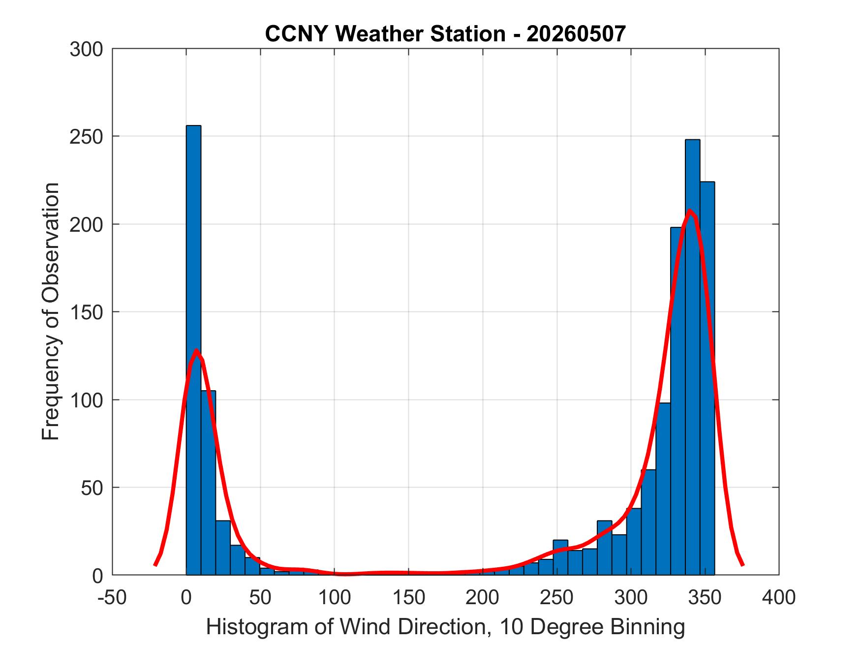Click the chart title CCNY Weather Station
[385, 34]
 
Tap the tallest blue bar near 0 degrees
[193, 350]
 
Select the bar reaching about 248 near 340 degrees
[692, 357]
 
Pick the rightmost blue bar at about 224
[707, 378]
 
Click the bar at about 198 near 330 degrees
[677, 401]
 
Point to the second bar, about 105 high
[208, 483]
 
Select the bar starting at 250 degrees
[560, 557]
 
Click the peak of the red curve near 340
[690, 211]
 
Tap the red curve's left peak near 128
[196, 350]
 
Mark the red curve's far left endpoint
[155, 565]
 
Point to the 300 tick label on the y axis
[86, 49]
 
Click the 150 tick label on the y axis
[86, 312]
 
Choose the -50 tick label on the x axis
[113, 598]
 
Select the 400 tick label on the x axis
[779, 598]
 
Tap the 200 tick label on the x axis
[483, 598]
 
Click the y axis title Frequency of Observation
[51, 311]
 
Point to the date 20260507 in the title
[576, 34]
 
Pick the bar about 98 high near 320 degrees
[663, 489]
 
